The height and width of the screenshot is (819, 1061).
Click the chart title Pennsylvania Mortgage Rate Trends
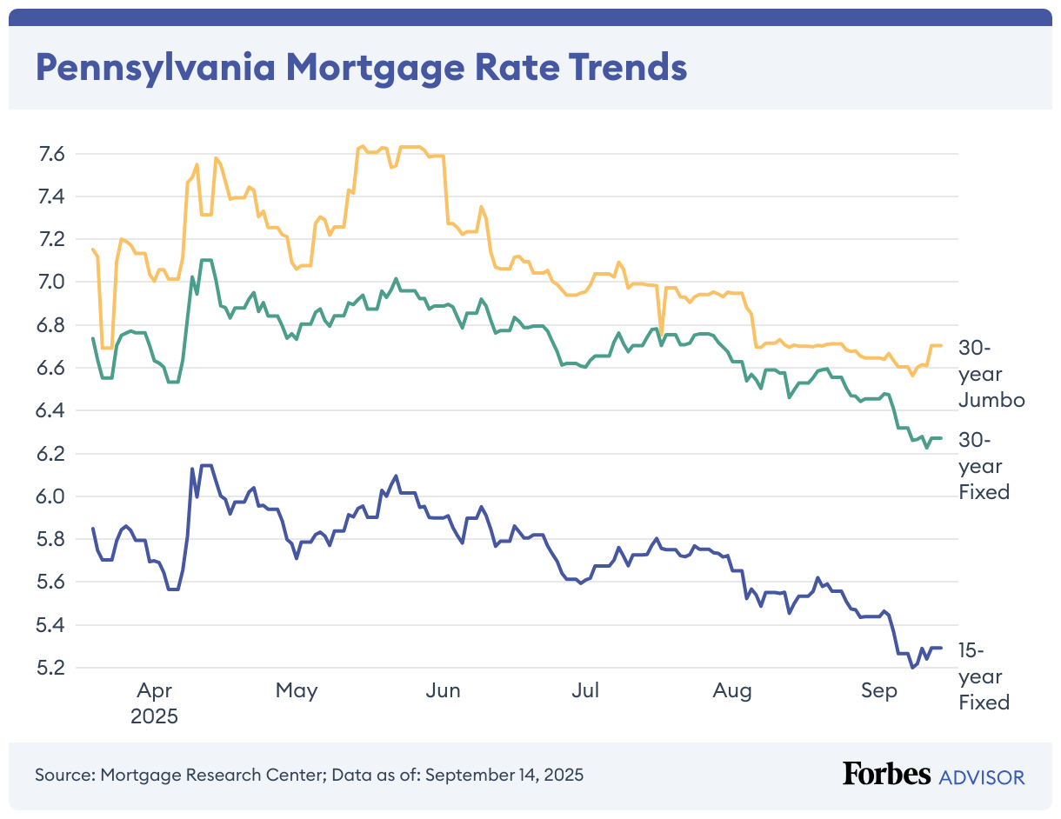(x=360, y=67)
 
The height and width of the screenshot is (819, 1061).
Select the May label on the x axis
(x=297, y=691)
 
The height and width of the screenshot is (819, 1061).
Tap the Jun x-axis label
(x=444, y=691)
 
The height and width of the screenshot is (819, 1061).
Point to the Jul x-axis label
(x=585, y=691)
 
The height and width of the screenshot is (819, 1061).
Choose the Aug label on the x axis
(x=732, y=691)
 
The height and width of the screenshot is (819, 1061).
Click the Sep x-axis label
(x=878, y=691)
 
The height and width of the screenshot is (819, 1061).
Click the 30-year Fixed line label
(x=984, y=465)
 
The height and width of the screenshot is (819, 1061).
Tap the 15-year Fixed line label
(x=984, y=676)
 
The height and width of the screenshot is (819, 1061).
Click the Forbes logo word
(x=886, y=775)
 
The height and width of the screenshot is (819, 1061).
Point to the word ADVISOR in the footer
(x=982, y=776)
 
